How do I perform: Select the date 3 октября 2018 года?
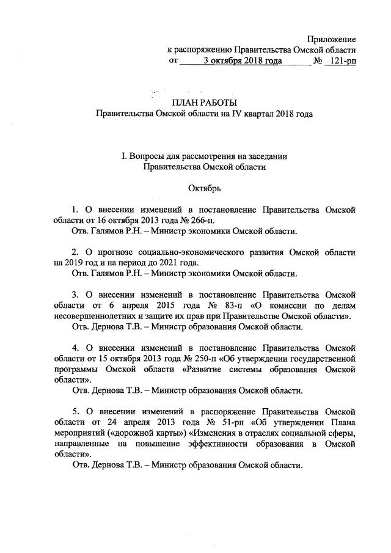(x=241, y=61)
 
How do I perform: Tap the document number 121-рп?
(x=342, y=61)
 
